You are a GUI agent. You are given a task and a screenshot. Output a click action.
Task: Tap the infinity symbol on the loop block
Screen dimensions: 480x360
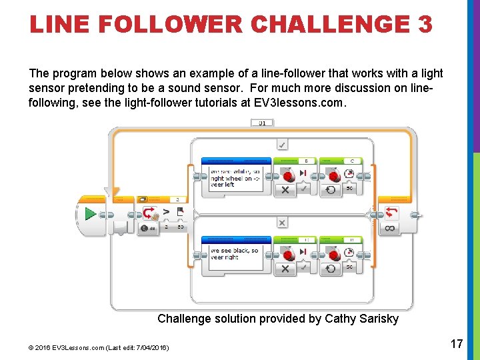390,229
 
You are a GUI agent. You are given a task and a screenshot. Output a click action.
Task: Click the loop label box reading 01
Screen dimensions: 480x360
262,123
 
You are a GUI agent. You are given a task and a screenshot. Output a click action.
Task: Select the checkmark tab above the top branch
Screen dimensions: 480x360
282,145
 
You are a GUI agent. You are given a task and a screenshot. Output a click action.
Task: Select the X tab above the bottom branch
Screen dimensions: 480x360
282,223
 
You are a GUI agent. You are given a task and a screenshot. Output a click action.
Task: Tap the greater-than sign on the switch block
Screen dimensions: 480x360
166,212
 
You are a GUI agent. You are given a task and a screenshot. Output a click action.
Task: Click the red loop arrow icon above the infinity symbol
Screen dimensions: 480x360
390,213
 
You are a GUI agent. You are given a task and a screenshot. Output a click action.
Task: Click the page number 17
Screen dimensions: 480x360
457,344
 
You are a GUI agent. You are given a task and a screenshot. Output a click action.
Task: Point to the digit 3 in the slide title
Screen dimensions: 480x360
425,25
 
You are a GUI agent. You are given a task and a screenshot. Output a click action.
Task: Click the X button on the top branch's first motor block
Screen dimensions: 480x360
285,190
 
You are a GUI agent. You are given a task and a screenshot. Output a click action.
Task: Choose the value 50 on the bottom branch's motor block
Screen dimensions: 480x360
349,267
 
